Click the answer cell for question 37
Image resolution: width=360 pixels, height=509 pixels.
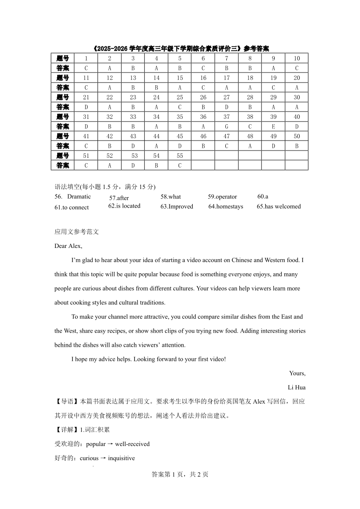tap(227, 126)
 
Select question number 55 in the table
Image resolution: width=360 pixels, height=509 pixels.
tap(180, 155)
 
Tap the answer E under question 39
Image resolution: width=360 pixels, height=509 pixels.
tap(273, 126)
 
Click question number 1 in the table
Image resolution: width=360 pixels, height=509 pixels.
tap(86, 58)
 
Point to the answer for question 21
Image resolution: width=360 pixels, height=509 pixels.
tap(86, 107)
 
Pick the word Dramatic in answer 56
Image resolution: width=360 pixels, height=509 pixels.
tap(79, 196)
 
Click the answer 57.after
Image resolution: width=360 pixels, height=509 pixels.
tap(119, 198)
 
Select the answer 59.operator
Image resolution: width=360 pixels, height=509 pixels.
tap(222, 197)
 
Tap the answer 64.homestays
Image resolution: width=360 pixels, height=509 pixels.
tap(226, 206)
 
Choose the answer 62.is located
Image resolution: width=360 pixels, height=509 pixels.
tap(124, 206)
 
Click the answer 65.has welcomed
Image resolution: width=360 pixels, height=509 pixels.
tap(278, 206)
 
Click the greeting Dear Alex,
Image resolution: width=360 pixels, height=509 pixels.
tap(68, 246)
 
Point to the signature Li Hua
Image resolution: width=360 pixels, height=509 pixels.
tap(297, 387)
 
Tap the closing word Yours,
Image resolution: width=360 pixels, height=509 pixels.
tap(297, 373)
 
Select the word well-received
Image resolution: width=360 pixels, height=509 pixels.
tap(132, 444)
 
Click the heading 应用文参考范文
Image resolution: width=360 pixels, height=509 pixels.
tap(77, 232)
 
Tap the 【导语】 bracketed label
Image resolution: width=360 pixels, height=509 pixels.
tap(67, 401)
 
